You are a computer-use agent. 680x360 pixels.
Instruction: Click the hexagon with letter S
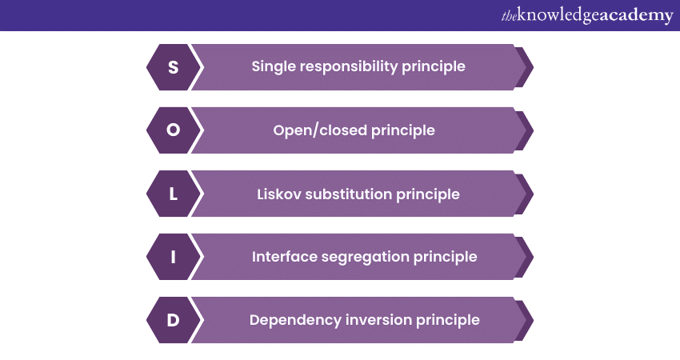(x=173, y=66)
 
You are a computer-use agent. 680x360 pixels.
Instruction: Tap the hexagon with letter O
(x=173, y=130)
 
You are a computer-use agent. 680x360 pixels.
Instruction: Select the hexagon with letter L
(x=173, y=194)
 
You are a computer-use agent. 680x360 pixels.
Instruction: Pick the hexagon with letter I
(x=173, y=257)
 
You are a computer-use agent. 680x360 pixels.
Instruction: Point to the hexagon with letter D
(x=173, y=320)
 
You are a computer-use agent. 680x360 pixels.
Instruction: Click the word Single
(x=273, y=66)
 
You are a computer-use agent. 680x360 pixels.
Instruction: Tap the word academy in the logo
(x=637, y=16)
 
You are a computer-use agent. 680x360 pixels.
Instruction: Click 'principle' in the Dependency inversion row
(x=449, y=320)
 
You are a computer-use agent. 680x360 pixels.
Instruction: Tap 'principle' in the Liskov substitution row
(x=429, y=194)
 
